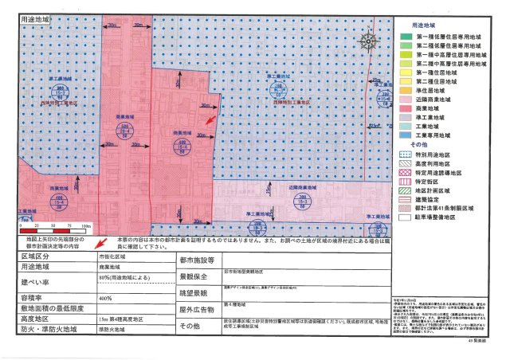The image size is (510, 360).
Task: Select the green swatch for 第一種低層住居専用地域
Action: pyautogui.click(x=405, y=36)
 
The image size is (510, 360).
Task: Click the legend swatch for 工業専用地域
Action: pyautogui.click(x=405, y=135)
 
